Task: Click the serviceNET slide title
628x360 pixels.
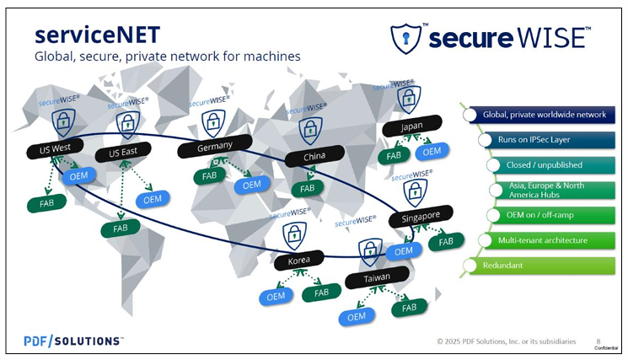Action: tap(97, 35)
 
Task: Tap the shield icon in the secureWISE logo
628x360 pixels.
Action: tap(405, 39)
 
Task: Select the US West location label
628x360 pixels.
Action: tap(55, 148)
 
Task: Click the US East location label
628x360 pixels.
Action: tap(123, 152)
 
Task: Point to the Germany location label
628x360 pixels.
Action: tap(215, 146)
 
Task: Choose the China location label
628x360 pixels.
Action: tap(314, 156)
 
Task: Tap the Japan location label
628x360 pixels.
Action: tap(411, 126)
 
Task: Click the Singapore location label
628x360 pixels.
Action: tap(421, 217)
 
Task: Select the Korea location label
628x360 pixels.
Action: tap(298, 261)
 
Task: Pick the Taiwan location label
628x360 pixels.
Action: tap(377, 277)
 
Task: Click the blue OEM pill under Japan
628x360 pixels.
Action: tap(432, 152)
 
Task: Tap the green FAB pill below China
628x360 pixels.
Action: tap(307, 188)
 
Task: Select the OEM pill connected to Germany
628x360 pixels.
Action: tap(251, 185)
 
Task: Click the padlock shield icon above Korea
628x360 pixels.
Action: tap(294, 235)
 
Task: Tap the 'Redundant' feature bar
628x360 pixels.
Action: tap(539, 266)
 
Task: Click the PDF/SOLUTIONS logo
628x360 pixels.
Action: tap(73, 341)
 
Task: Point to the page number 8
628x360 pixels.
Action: tap(598, 341)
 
